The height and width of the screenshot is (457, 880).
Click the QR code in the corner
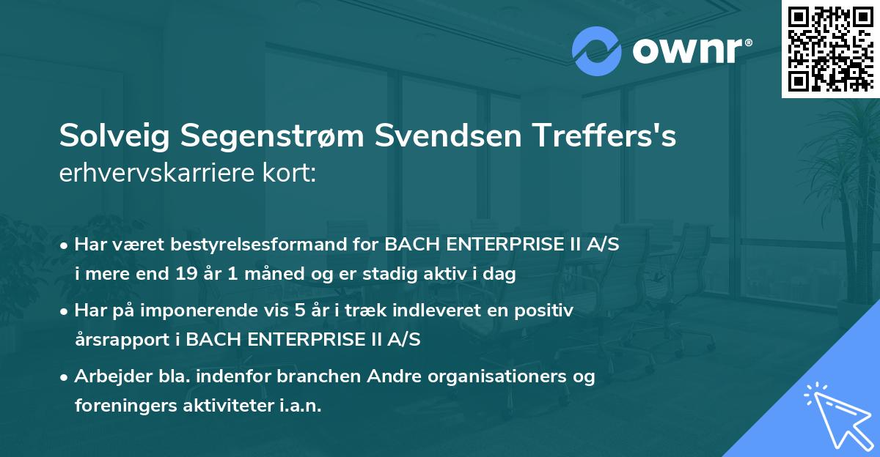[x=830, y=49]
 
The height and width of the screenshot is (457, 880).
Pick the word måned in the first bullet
[x=250, y=275]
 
